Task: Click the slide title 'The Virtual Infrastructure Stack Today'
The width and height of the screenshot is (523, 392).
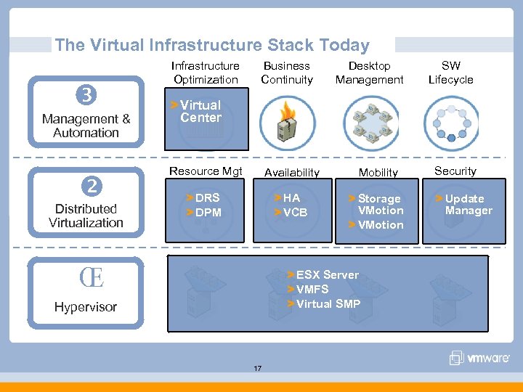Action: (x=211, y=45)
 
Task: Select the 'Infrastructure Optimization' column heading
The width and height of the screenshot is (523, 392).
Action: (x=206, y=73)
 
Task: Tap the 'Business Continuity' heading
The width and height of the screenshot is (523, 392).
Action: (x=287, y=73)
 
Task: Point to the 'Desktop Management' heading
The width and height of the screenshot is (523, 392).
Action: (x=369, y=73)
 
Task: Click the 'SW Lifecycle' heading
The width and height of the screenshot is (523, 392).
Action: (x=450, y=73)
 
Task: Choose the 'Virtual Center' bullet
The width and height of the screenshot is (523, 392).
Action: (x=200, y=111)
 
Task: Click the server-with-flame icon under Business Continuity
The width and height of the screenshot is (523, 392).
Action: (x=287, y=123)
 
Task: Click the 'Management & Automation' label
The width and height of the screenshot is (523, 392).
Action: (x=86, y=126)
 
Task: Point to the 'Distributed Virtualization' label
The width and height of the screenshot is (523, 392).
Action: (x=86, y=216)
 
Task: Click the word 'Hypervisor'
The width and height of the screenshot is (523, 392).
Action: (x=85, y=307)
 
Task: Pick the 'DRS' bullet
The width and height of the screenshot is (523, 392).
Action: (x=207, y=198)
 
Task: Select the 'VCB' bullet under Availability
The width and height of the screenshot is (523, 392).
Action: (x=294, y=213)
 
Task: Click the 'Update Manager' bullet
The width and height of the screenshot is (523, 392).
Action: (x=468, y=205)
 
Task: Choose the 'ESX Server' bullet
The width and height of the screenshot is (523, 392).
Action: (x=327, y=274)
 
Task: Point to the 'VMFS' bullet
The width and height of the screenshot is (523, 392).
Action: (x=312, y=289)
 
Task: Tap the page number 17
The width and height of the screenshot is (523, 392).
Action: (x=257, y=369)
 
